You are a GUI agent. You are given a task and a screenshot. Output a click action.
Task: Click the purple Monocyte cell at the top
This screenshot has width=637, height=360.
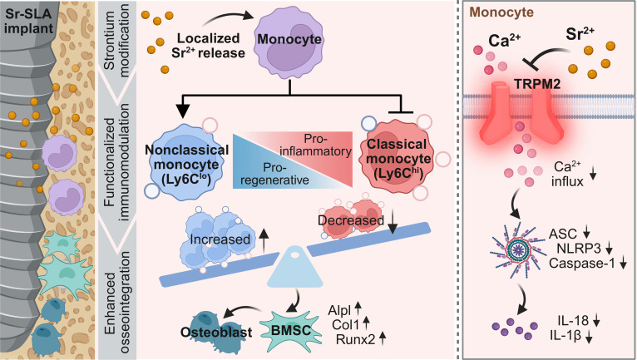pos(289,42)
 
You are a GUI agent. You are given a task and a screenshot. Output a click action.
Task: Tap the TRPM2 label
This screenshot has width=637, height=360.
pos(537,84)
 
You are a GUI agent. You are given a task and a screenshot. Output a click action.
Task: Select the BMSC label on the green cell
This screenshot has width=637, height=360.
pos(290,330)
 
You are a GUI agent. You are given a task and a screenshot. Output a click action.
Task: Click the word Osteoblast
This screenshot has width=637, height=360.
pos(216,332)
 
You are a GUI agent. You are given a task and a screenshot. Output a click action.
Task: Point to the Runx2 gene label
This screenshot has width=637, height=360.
pos(355,339)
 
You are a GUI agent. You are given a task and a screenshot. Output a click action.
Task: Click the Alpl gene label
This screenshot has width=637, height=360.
pos(339,310)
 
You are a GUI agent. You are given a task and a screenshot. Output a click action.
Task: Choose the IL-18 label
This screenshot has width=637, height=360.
pos(573,321)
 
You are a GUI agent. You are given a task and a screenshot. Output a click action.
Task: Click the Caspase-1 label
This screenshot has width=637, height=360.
pos(582,263)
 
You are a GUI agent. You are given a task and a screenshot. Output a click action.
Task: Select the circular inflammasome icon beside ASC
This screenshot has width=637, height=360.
pos(516,248)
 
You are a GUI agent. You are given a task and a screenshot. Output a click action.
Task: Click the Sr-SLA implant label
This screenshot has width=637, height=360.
pos(28,21)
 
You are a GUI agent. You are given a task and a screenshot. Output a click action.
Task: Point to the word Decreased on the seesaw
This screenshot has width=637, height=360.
pos(351,220)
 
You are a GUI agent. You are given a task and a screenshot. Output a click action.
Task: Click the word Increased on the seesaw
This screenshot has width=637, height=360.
pos(220,239)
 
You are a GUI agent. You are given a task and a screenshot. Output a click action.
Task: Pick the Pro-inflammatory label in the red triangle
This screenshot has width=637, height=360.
pos(316,145)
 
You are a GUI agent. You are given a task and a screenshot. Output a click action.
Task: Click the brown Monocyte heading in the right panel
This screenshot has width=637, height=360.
pos(501,12)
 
